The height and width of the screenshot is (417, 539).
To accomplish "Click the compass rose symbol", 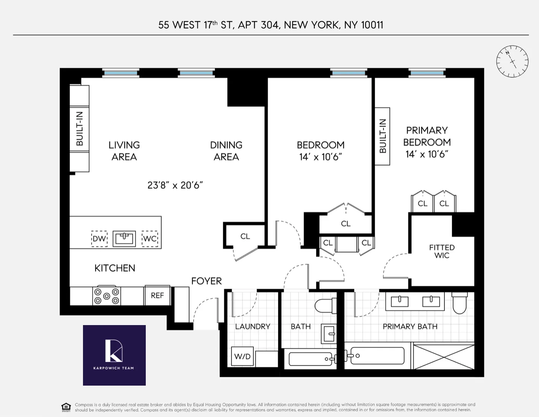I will [512, 62].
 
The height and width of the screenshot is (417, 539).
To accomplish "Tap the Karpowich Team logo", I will [114, 355].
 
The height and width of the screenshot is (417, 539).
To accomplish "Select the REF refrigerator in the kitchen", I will [157, 296].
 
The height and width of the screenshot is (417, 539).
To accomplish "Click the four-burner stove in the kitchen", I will [107, 296].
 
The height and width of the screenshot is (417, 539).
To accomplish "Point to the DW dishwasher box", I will [99, 239].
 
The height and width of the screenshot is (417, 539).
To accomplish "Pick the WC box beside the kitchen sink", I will [150, 239].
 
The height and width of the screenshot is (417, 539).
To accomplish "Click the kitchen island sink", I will [124, 238].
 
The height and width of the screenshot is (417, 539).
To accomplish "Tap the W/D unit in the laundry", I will [242, 356].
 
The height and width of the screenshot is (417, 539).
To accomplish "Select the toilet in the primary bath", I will [459, 303].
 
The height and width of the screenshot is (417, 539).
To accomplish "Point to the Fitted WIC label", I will [442, 251].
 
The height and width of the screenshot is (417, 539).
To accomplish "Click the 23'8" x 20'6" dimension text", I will [175, 185].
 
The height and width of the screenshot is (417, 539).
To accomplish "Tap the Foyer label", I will [206, 281].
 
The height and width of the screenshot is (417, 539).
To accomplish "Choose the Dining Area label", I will [226, 151].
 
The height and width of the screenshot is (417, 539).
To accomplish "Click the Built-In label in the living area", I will [80, 129].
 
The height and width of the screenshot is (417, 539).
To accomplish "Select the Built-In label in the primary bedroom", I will [383, 136].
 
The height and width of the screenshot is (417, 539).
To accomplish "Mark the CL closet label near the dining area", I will [245, 236].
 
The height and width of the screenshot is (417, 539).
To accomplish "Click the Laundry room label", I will [253, 327].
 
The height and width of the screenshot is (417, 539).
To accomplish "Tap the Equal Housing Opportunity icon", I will [66, 407].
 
